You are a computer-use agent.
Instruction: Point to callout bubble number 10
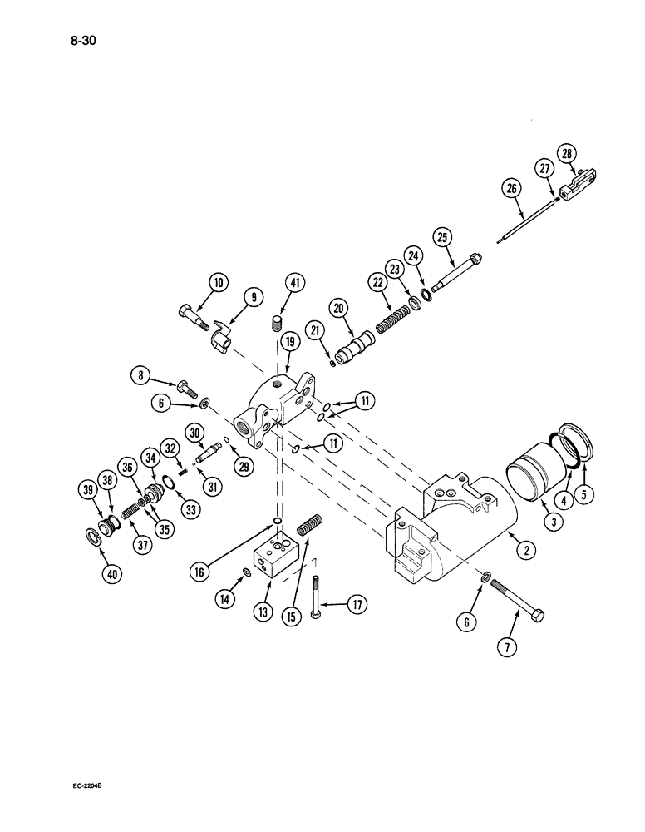pos(218,284)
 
